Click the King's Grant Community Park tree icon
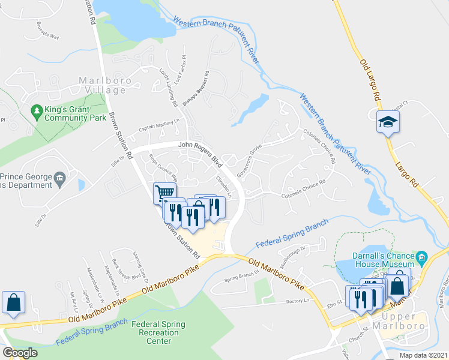36,112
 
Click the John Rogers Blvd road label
199,151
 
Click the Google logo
20,353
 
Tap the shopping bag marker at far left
13,303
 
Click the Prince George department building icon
60,178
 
